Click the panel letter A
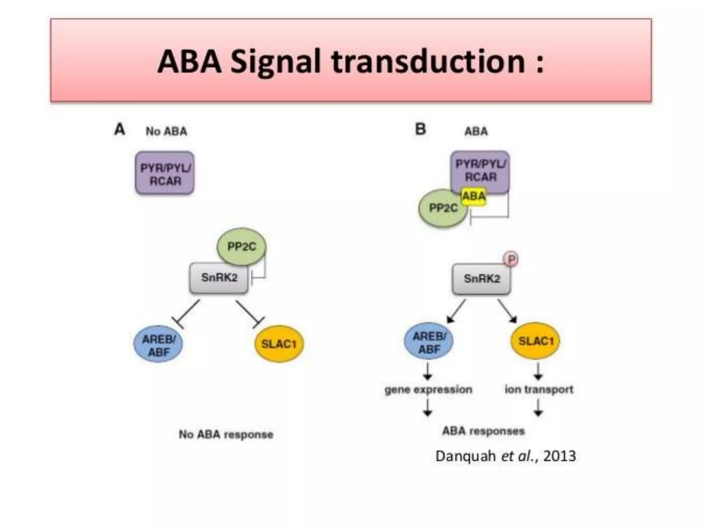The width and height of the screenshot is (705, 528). tap(119, 130)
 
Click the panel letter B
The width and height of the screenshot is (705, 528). tap(421, 130)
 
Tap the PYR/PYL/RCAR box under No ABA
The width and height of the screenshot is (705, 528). tap(165, 173)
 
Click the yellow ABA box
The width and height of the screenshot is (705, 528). tap(474, 196)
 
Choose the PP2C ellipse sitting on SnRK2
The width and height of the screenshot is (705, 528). tap(241, 246)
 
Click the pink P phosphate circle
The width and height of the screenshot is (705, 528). tap(511, 259)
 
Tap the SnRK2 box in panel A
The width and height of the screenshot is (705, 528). tap(219, 278)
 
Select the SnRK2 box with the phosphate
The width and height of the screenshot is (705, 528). tap(481, 279)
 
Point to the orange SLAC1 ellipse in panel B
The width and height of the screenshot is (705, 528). tap(535, 341)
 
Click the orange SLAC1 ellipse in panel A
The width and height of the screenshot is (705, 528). tap(279, 344)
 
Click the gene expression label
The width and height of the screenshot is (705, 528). tap(428, 389)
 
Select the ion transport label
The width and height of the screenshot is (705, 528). tap(539, 389)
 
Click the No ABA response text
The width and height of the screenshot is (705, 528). tap(226, 434)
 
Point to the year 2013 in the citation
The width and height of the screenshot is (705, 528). tap(560, 456)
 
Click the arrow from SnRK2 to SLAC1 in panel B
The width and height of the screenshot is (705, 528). tap(507, 311)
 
